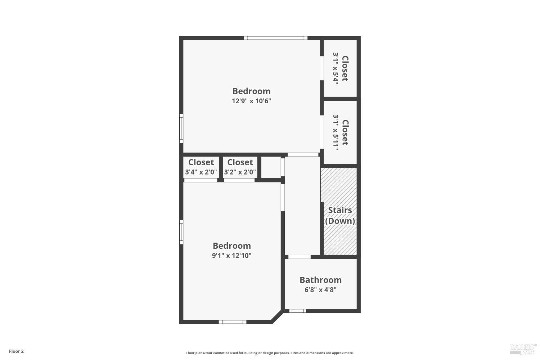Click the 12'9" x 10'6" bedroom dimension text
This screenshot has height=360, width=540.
251,101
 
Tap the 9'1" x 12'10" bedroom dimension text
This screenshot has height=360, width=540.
231,256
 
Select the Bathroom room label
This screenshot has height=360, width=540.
320,280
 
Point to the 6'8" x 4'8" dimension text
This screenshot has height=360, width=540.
320,290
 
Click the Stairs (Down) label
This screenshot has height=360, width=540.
340,215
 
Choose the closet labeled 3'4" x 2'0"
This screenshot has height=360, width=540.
201,172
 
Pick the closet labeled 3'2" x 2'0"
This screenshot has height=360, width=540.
240,172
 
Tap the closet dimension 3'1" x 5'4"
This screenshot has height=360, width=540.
336,68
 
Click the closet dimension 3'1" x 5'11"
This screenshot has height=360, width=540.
336,132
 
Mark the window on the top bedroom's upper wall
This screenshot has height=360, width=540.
275,38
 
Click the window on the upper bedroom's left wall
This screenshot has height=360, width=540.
181,128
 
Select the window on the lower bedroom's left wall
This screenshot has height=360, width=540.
181,232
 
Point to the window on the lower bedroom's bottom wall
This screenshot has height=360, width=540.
233,322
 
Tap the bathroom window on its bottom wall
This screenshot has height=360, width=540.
298,311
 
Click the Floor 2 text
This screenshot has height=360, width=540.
16,351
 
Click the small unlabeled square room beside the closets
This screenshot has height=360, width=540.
270,167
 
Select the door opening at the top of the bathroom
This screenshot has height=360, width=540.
300,257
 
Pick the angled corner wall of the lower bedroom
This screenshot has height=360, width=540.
277,316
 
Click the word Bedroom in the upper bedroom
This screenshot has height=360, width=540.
251,91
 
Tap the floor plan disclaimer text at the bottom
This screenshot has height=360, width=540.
270,353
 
